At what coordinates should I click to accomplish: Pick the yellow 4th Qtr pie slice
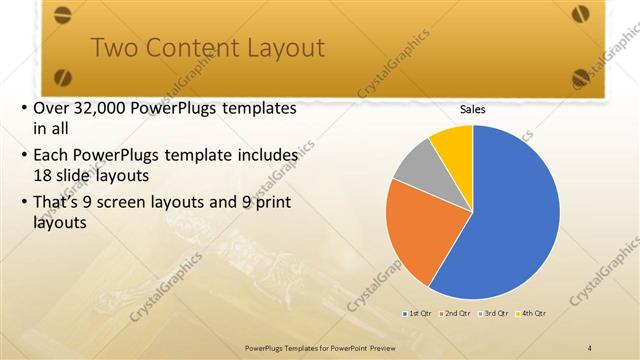(453, 142)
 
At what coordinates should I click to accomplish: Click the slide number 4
(590, 346)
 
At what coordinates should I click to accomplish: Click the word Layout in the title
(275, 48)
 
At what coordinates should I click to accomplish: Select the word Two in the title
(113, 48)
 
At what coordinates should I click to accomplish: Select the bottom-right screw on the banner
(582, 76)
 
